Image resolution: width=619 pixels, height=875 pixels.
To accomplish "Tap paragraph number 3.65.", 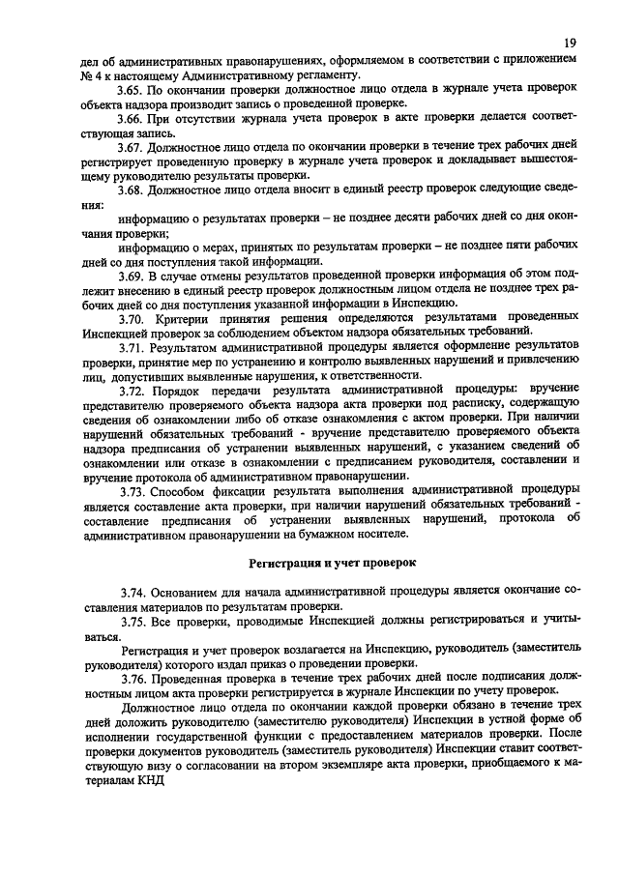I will click(x=133, y=89).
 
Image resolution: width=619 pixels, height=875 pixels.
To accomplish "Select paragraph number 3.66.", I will click(x=133, y=118).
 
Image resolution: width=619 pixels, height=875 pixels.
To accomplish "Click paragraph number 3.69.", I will click(x=133, y=276).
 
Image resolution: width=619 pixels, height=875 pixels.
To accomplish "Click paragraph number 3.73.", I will click(x=133, y=490).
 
